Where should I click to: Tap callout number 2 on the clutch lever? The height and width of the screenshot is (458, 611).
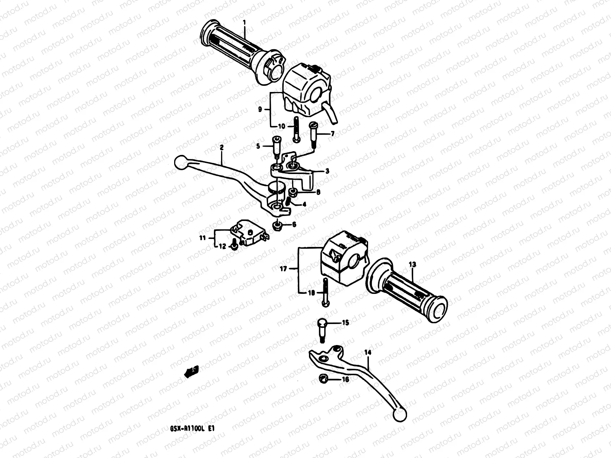point(222,147)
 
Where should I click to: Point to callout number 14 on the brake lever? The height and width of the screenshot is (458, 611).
point(368,353)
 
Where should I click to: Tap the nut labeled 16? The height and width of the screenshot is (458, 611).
point(323,379)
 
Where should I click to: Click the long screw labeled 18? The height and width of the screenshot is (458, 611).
point(325,292)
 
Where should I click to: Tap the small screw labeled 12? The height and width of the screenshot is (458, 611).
point(233,247)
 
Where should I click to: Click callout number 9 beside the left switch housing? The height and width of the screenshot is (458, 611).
point(260,110)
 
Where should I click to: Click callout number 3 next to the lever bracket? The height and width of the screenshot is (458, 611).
point(327,171)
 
